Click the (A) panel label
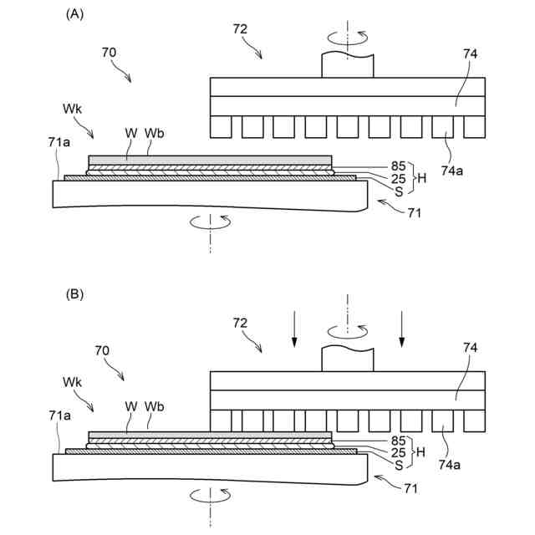pos(74,14)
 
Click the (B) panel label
pos(74,294)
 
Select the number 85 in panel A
pos(398,166)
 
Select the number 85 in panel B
pos(398,440)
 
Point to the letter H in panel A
pos(422,178)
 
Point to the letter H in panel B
pos(422,451)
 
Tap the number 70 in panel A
pos(109,52)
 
